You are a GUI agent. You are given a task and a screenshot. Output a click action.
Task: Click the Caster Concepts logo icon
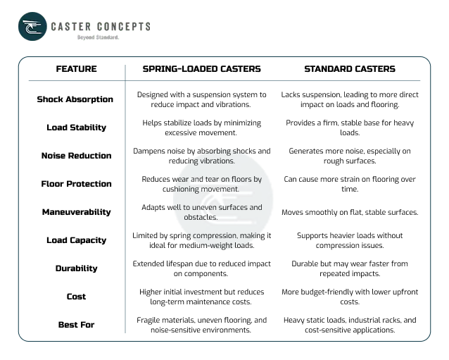pos(32,27)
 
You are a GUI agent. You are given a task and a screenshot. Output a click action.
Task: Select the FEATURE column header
pos(76,69)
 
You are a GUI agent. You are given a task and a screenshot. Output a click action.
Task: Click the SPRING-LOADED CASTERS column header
pos(201,69)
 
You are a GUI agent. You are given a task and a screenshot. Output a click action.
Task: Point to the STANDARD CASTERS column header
pos(349,69)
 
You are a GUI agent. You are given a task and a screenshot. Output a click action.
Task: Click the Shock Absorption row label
pos(75,99)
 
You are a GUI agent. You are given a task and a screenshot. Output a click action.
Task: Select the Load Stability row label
pos(76,128)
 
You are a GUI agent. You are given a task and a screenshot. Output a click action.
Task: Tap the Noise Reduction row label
pos(76,156)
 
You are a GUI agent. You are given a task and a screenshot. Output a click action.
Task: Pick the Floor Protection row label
pos(76,184)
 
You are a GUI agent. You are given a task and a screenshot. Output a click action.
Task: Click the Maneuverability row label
pos(76,212)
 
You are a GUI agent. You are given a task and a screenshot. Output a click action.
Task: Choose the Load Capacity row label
pos(76,240)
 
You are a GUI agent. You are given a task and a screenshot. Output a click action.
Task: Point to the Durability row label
pos(76,268)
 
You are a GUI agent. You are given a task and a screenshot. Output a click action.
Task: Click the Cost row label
pos(76,297)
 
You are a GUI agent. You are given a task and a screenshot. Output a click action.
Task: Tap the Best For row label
pos(76,325)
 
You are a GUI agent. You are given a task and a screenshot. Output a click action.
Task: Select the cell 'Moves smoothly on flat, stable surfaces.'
pos(350,212)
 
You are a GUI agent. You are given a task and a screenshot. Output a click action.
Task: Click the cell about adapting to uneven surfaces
pos(201,212)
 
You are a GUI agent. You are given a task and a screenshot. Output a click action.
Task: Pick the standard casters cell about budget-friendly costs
pos(350,297)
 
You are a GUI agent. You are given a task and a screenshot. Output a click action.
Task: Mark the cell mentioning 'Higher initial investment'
pos(201,297)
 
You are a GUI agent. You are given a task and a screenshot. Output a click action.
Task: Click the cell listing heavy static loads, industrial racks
pos(350,325)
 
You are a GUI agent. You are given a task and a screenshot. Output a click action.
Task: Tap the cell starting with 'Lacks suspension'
pos(350,99)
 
